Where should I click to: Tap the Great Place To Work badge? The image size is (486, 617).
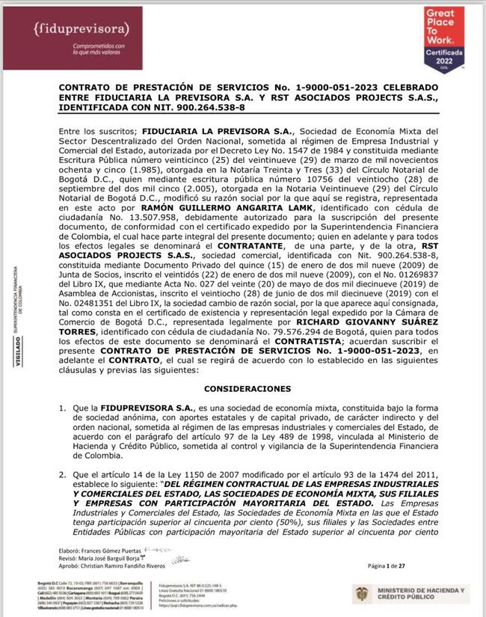tap(445, 38)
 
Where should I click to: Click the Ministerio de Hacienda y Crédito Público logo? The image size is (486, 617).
tap(411, 595)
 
